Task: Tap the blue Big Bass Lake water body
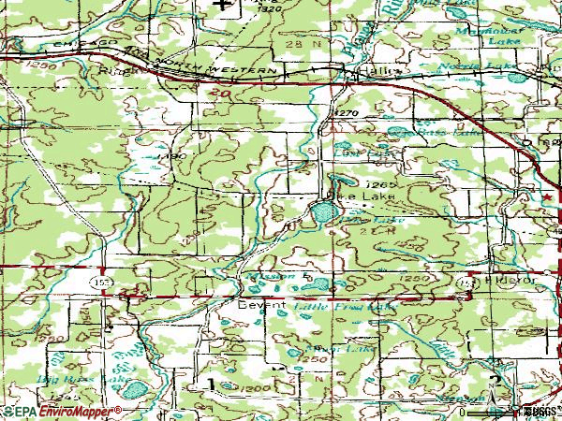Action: [x=133, y=386]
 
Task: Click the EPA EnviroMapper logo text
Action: [x=62, y=411]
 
